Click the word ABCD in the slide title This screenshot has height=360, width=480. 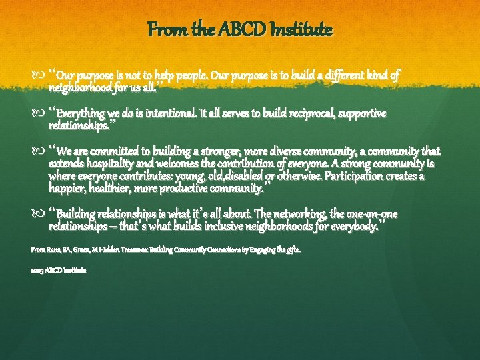click(244, 30)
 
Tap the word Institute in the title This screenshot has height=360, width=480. click(299, 30)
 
